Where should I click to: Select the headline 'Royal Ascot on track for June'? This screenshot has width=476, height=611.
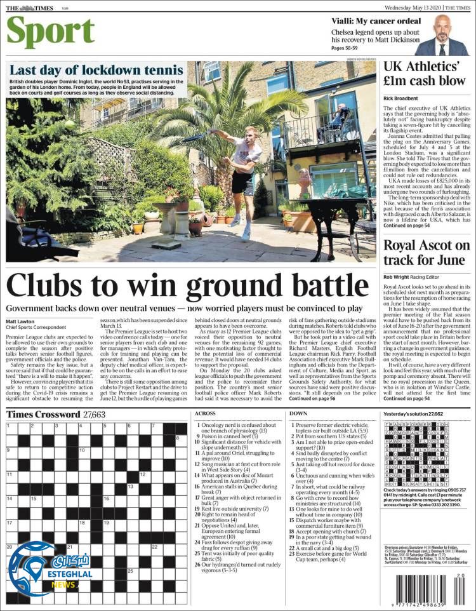(x=426, y=252)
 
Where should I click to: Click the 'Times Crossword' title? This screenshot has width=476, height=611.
(x=43, y=414)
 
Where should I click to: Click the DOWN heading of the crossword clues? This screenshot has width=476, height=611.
(x=298, y=413)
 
